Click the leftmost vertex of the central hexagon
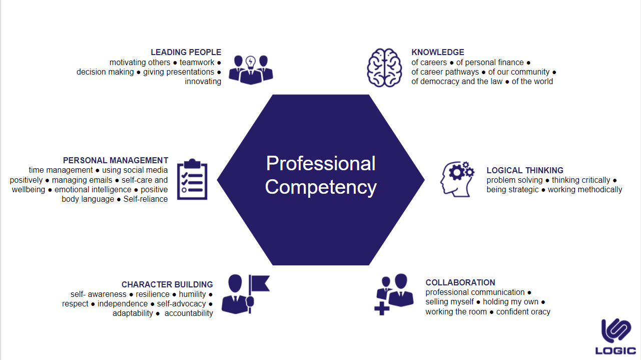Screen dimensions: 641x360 (217, 180)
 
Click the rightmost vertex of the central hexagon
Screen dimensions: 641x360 (425, 180)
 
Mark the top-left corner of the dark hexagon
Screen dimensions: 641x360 (272, 95)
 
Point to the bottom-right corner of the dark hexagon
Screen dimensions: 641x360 (369, 265)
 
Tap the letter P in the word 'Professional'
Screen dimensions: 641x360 (271, 164)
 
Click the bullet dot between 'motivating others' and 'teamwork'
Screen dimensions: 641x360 (175, 63)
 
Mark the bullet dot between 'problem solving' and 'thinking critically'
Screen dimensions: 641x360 (547, 180)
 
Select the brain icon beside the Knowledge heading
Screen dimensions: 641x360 (384, 68)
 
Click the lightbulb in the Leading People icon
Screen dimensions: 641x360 (251, 62)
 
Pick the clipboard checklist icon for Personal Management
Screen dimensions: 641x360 (192, 179)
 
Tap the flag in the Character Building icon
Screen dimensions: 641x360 (259, 283)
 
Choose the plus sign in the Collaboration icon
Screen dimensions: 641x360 (382, 308)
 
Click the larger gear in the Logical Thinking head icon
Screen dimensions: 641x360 (456, 172)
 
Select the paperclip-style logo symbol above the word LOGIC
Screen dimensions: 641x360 (616, 330)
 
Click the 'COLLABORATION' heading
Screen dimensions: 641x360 (460, 283)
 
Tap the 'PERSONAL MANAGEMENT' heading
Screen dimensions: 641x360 (116, 160)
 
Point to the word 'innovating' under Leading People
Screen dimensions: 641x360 (203, 82)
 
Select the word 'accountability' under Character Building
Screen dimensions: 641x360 (189, 313)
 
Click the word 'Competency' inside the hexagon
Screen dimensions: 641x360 (321, 187)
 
